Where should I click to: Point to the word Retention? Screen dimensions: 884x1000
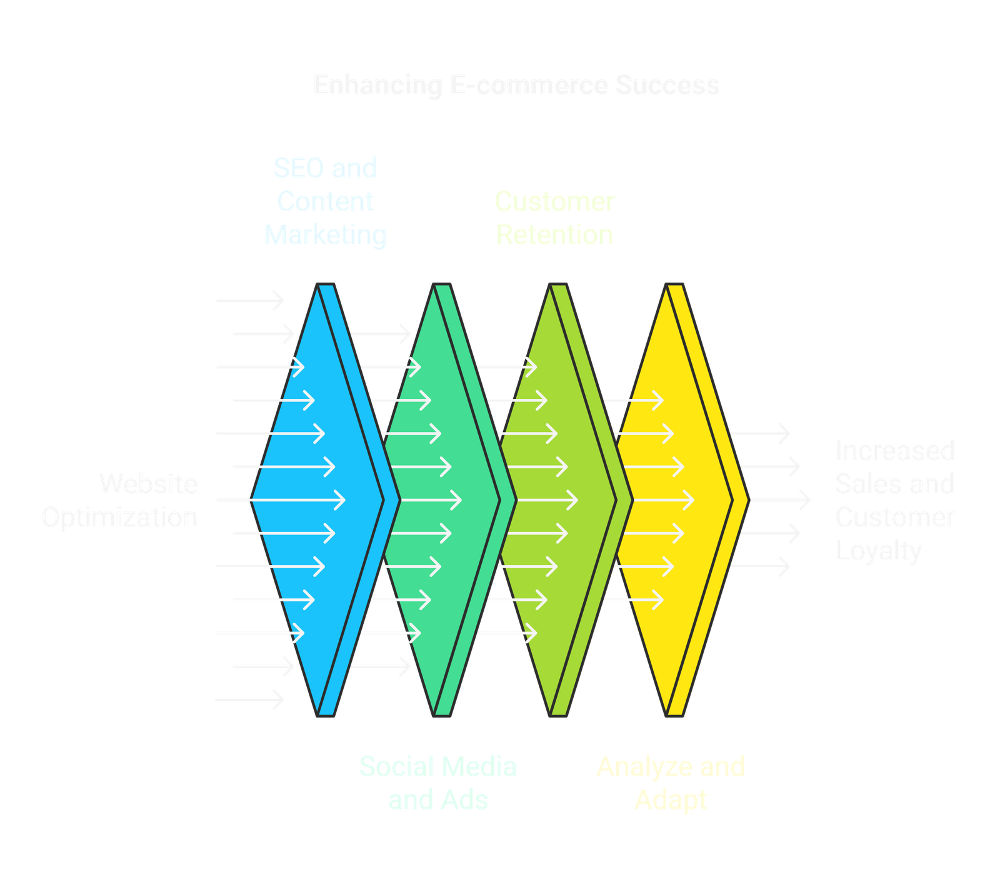click(x=554, y=235)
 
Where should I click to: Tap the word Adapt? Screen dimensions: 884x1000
click(x=671, y=800)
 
